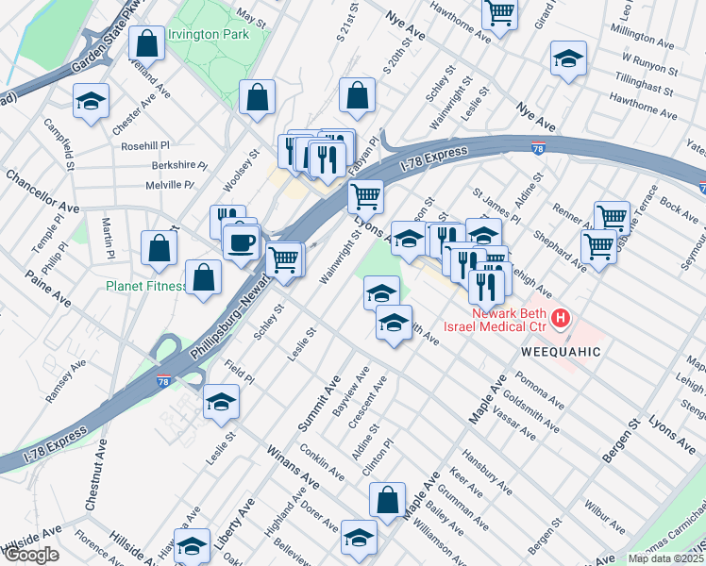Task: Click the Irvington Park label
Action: pyautogui.click(x=208, y=35)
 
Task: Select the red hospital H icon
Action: pyautogui.click(x=561, y=318)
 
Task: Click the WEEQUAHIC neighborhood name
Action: pyautogui.click(x=560, y=351)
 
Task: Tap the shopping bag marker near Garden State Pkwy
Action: pyautogui.click(x=147, y=42)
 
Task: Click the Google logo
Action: pyautogui.click(x=30, y=555)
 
